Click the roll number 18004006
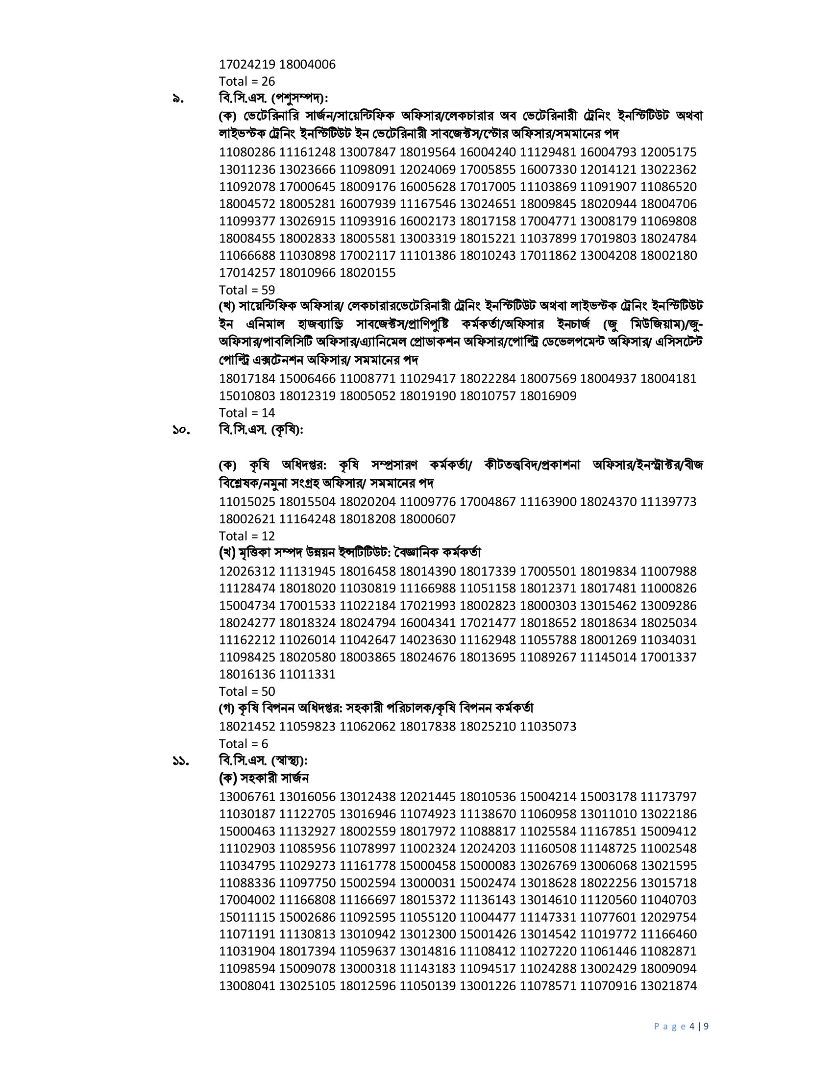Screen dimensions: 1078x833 tap(307, 65)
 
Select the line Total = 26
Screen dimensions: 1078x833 tap(247, 81)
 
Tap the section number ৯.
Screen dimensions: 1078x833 tap(178, 99)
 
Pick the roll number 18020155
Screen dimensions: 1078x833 tap(367, 273)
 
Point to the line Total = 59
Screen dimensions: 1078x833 tap(247, 290)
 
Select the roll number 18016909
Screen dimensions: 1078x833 tap(548, 396)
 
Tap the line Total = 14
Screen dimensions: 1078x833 tap(247, 413)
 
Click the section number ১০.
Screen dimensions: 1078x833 tap(181, 431)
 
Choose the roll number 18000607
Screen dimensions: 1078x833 tap(427, 519)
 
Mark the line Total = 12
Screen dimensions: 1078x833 tap(247, 536)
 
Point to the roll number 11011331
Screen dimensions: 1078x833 tap(307, 674)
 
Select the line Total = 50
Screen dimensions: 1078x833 tap(247, 691)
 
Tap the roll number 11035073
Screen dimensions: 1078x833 tap(548, 727)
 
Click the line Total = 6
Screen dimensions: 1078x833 tap(244, 744)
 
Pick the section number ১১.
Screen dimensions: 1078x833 tap(181, 761)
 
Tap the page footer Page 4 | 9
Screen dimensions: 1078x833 tap(681, 1027)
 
